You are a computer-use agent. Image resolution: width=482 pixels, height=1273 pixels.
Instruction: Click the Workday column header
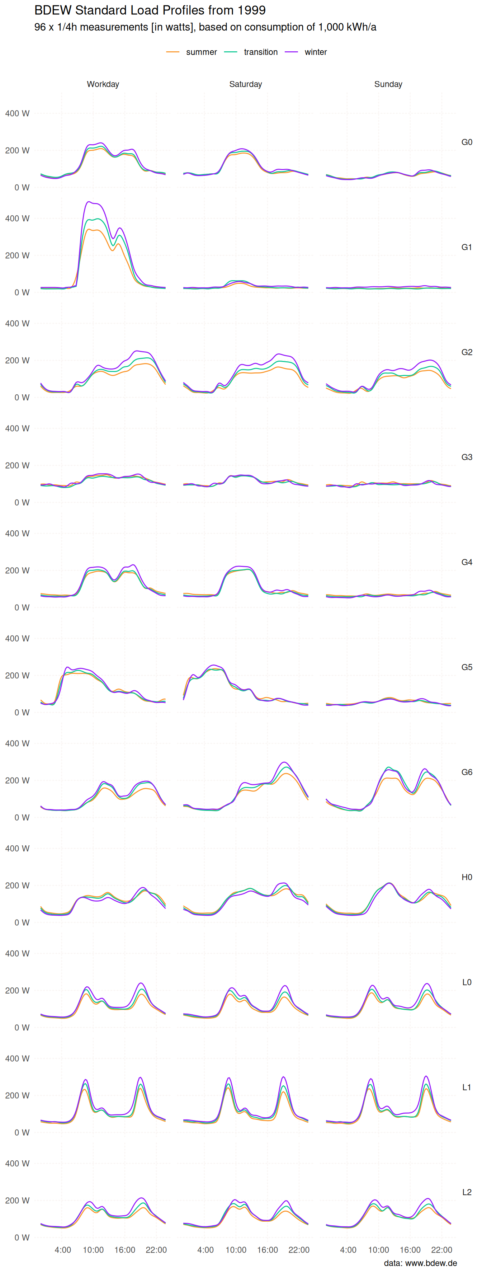coord(103,84)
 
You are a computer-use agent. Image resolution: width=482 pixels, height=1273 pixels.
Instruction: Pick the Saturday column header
coord(245,84)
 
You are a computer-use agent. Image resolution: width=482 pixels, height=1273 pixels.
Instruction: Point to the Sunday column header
coord(388,84)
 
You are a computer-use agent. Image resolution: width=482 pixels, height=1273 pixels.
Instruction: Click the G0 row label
coord(467,142)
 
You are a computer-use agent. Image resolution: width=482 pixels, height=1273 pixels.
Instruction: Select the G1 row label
coord(467,247)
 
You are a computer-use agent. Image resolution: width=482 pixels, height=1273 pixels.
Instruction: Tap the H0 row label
coord(467,877)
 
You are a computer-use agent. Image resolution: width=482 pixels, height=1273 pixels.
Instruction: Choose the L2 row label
coord(467,1192)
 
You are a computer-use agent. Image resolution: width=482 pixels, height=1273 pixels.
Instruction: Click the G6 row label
coord(467,772)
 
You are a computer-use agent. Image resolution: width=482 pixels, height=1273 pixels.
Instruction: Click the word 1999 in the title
coord(251,10)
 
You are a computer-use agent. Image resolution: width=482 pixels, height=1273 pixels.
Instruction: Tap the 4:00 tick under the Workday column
coord(63,1250)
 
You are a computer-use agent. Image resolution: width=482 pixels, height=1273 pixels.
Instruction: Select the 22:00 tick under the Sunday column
coord(441,1250)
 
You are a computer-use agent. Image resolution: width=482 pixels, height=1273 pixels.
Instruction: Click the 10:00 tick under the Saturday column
coord(236,1250)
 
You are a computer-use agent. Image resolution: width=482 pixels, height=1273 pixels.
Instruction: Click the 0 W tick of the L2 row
coord(22,1237)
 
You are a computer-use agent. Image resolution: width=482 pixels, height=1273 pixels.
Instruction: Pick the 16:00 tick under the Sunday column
coord(410,1250)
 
